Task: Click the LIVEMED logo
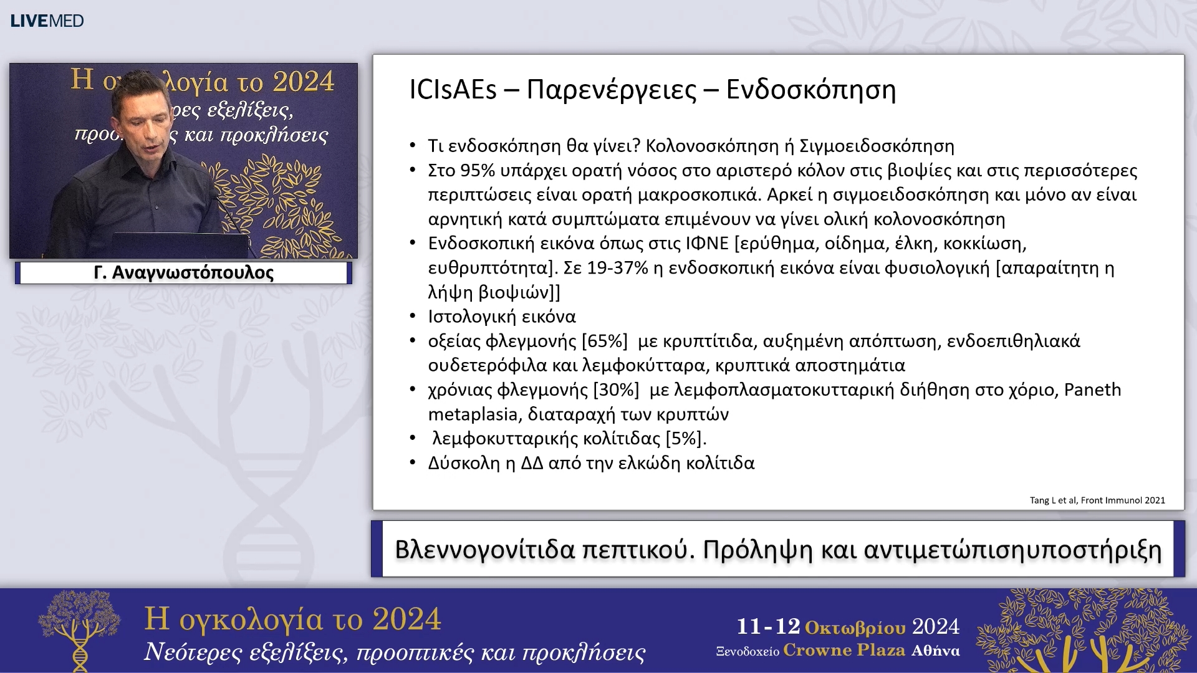point(47,21)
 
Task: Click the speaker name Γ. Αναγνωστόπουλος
point(183,273)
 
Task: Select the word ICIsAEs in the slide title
point(453,90)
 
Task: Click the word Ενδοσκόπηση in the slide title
point(810,90)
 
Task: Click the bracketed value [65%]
point(604,341)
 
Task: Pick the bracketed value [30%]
point(616,389)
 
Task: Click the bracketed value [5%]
point(686,439)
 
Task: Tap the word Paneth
point(1092,389)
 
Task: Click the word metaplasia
point(473,414)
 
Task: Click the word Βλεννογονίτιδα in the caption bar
point(484,550)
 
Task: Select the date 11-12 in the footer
point(768,626)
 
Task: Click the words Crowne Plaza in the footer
point(844,651)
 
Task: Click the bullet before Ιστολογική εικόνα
point(413,317)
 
